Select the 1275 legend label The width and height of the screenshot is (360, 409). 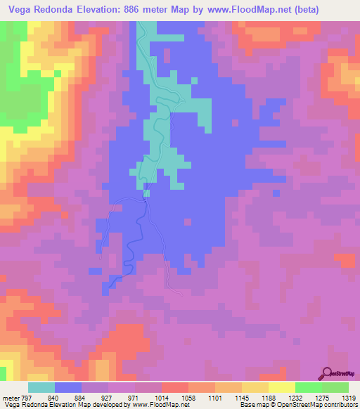[316, 398]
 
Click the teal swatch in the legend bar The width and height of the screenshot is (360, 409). [41, 387]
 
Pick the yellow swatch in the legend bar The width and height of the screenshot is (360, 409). [282, 387]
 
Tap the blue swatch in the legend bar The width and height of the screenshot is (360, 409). [68, 387]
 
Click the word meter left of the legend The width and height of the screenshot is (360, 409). [11, 398]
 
